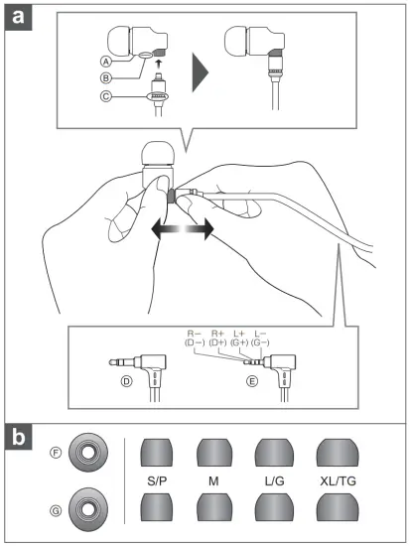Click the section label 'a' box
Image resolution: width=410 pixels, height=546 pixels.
point(18,17)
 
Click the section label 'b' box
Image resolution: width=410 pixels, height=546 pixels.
point(18,437)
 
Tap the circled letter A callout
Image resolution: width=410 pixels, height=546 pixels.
point(106,62)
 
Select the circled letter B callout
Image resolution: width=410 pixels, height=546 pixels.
point(106,78)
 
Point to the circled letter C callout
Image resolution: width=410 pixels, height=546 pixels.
point(106,96)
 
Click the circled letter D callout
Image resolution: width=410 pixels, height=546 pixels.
point(126,381)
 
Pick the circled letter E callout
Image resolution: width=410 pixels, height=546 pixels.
point(252,381)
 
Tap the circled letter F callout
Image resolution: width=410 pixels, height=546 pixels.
point(56,453)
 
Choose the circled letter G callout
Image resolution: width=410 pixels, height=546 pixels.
point(56,511)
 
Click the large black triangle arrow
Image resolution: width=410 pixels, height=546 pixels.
point(200,72)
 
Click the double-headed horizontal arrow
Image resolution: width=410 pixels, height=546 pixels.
point(183,229)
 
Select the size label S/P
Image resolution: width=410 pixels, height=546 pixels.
point(157,481)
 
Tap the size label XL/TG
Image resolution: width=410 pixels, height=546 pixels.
point(338,481)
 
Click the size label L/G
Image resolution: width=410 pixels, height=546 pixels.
point(275,481)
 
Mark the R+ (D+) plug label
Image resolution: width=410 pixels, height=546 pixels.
point(218,339)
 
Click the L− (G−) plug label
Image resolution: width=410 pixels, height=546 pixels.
point(260,339)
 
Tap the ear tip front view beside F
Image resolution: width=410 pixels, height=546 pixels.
point(88,453)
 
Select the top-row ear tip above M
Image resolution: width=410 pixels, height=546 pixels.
point(214,453)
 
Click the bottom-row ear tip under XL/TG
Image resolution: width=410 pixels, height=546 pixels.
point(338,507)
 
